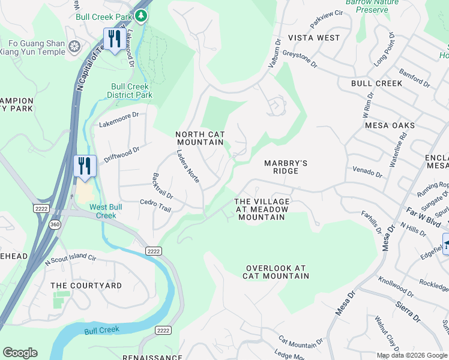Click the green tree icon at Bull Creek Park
[141, 16]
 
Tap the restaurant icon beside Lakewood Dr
[112, 40]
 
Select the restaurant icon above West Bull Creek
[85, 166]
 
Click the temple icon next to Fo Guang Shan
[74, 47]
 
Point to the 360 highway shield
[55, 224]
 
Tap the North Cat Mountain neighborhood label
[200, 138]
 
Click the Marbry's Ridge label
[286, 167]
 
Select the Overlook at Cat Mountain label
[276, 272]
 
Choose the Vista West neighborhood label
[314, 38]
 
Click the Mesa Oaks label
[390, 125]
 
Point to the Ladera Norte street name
[188, 166]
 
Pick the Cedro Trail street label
[155, 205]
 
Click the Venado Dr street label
[367, 173]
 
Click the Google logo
[20, 352]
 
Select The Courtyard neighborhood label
[86, 286]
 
